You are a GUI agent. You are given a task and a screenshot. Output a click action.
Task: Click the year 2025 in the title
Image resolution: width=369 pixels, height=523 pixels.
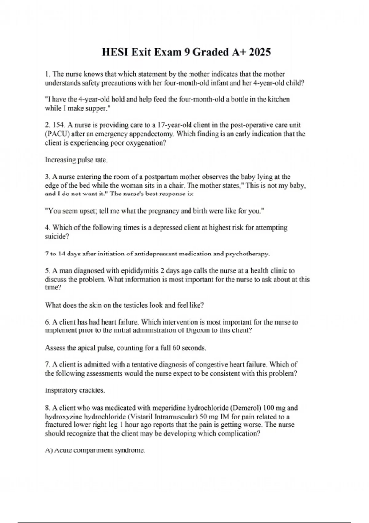point(259,52)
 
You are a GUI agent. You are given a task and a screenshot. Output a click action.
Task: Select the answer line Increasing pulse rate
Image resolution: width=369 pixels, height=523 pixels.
point(76,160)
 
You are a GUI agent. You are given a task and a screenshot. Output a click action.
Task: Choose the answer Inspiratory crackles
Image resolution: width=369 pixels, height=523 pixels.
point(75,390)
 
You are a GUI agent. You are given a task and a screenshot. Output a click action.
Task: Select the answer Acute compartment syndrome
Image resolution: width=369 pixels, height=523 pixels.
point(95,450)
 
